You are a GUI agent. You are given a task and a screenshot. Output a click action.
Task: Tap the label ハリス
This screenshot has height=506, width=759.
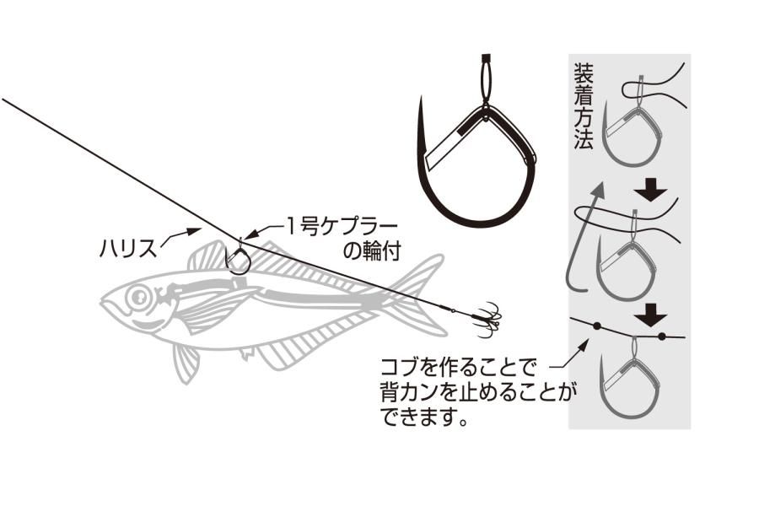[129, 250]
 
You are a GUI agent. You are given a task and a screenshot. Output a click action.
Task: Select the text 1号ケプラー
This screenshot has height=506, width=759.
[342, 227]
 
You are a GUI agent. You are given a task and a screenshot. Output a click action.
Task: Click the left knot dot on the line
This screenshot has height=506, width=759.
[597, 326]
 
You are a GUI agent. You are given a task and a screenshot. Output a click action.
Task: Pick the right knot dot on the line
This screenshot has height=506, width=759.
[663, 336]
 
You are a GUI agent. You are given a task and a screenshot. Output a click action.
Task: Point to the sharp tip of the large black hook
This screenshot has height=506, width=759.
[421, 99]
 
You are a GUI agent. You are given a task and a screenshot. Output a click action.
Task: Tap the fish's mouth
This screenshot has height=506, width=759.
[106, 306]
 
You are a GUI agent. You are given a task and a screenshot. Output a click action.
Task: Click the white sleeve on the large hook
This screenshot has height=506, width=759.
[444, 148]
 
